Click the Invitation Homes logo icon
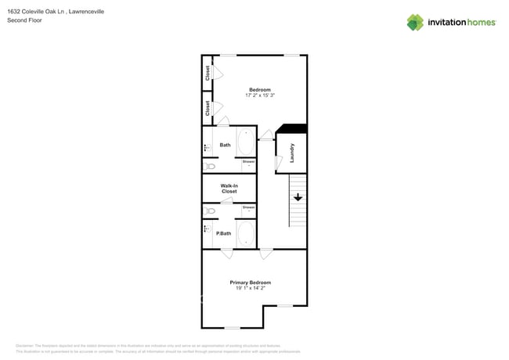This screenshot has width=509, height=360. pyautogui.click(x=415, y=22)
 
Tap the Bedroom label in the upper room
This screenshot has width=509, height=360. pyautogui.click(x=260, y=89)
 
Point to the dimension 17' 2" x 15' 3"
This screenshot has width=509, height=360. pyautogui.click(x=260, y=96)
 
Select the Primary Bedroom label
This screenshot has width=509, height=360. pyautogui.click(x=251, y=283)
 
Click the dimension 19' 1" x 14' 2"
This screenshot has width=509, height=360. pyautogui.click(x=251, y=289)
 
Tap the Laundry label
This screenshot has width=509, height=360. pyautogui.click(x=292, y=153)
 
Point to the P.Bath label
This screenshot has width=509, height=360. pyautogui.click(x=224, y=233)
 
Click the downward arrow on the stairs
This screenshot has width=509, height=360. pyautogui.click(x=298, y=198)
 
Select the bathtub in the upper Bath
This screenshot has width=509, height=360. pyautogui.click(x=246, y=142)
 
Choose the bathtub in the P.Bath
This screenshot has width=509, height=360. pyautogui.click(x=246, y=233)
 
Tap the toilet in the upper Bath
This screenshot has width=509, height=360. pyautogui.click(x=210, y=166)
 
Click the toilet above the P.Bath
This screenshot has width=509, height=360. pyautogui.click(x=210, y=211)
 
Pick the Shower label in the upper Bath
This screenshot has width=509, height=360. pyautogui.click(x=248, y=161)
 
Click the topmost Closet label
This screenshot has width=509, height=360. pyautogui.click(x=208, y=73)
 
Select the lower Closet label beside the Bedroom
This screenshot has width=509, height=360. pyautogui.click(x=208, y=108)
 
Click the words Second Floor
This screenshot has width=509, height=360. pyautogui.click(x=24, y=20)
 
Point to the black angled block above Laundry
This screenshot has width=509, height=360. pyautogui.click(x=291, y=129)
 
